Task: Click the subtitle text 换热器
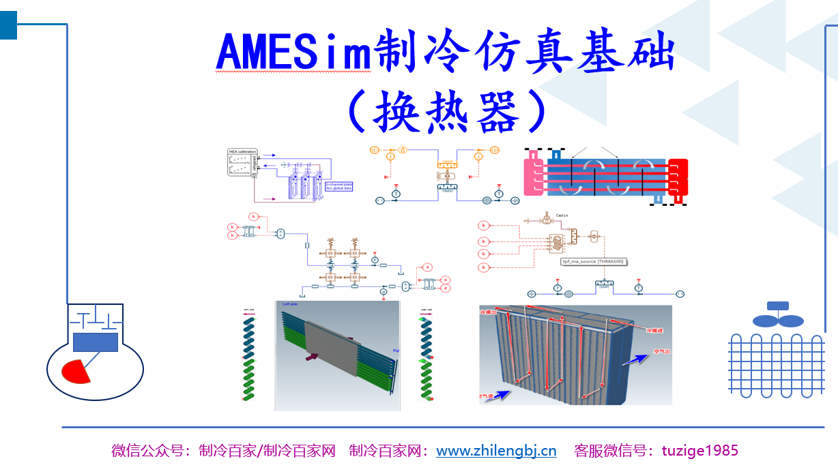[x=447, y=110]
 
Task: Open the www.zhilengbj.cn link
[x=496, y=451]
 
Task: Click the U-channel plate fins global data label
[x=338, y=186]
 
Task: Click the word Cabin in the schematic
[x=562, y=216]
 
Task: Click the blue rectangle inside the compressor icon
[x=95, y=342]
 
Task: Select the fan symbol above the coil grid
[x=777, y=316]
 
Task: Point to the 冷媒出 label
[x=491, y=313]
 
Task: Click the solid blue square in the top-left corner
[x=8, y=25]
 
